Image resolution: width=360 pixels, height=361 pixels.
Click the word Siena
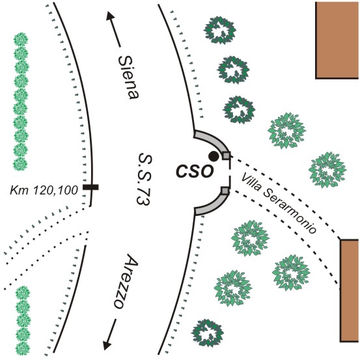(x=129, y=77)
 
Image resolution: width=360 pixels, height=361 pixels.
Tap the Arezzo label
(x=126, y=282)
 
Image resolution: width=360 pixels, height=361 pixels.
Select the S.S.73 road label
(x=145, y=179)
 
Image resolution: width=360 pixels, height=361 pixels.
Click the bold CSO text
(x=195, y=171)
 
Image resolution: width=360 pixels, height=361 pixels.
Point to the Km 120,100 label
(x=44, y=191)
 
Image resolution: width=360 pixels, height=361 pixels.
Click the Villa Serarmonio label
(x=279, y=203)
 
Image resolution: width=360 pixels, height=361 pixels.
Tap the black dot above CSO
(x=214, y=156)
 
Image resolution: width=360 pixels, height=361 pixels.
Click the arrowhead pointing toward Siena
(x=110, y=16)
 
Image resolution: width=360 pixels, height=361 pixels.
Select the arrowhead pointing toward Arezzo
(x=107, y=345)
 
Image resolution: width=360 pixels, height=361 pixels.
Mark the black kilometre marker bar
(x=90, y=187)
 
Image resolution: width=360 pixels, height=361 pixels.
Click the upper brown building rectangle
(x=337, y=40)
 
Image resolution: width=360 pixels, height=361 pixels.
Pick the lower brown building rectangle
(x=349, y=291)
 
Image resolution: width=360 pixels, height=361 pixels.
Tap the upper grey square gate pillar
(x=227, y=155)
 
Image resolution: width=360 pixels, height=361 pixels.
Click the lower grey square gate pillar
(x=225, y=191)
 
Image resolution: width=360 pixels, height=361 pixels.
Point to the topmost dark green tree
(x=220, y=30)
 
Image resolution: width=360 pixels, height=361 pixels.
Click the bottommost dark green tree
(x=208, y=332)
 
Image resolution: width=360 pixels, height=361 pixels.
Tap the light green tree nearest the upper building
(x=286, y=131)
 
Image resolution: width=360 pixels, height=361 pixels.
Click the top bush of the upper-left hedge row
(x=21, y=40)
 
